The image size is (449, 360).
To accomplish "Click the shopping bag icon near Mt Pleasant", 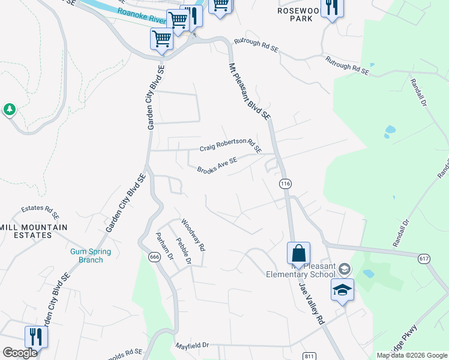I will click(298, 253).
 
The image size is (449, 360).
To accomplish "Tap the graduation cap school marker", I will click(342, 290).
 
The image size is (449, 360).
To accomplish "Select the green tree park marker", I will click(10, 109).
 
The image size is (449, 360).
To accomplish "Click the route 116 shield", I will click(285, 183).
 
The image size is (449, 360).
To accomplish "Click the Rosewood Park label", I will click(296, 14).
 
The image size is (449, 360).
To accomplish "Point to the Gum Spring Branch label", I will click(86, 256).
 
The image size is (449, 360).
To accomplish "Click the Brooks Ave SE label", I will click(217, 164).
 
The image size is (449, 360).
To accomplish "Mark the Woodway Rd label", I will click(193, 235).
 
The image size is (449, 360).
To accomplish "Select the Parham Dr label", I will click(164, 247).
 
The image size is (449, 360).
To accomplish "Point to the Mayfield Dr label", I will click(192, 346).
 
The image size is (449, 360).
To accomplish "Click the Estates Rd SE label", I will click(41, 211).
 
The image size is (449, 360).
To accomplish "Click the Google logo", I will click(20, 353).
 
